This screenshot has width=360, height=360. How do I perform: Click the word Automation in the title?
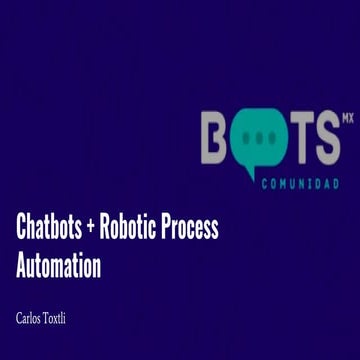click(x=59, y=267)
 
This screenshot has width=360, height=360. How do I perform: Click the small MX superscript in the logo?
click(x=347, y=117)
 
